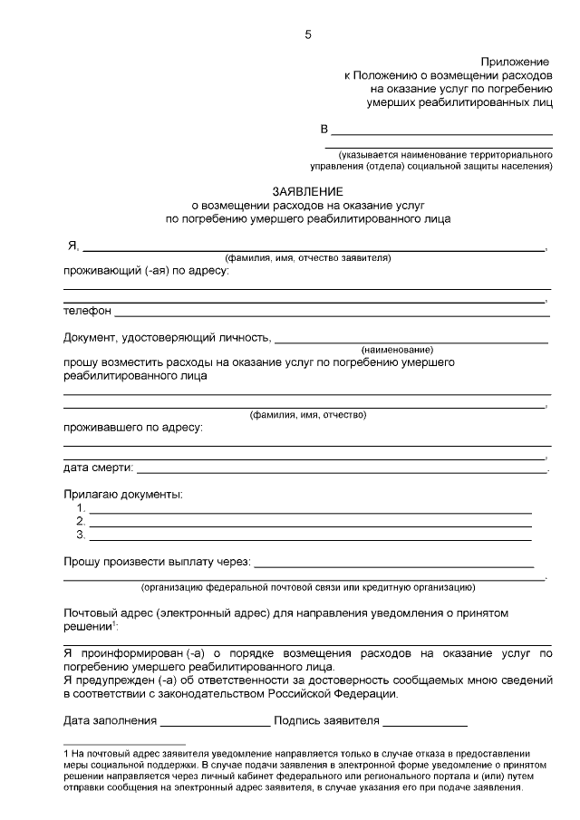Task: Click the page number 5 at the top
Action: coord(307,34)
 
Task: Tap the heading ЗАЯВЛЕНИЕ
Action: coord(308,192)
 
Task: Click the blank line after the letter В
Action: coord(441,132)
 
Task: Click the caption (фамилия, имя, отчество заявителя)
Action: coord(308,258)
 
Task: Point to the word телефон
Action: coord(87,311)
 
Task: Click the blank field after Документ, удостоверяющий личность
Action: coord(411,341)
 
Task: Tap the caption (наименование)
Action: coord(397,350)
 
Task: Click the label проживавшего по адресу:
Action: coord(132,427)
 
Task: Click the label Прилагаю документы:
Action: coord(122,494)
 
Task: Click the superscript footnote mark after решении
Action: coord(114,624)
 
